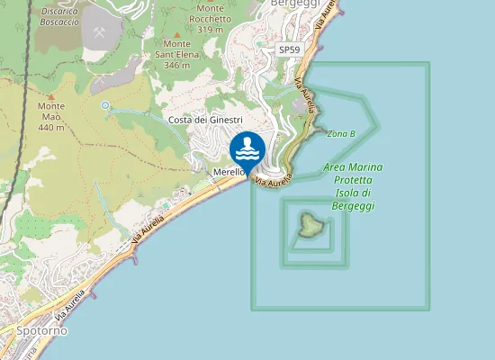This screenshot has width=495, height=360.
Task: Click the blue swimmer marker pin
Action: pyautogui.click(x=247, y=148)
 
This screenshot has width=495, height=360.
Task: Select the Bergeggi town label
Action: pyautogui.click(x=294, y=4)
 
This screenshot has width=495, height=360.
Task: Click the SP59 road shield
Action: pyautogui.click(x=289, y=50)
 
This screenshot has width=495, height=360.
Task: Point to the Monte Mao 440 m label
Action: pyautogui.click(x=50, y=116)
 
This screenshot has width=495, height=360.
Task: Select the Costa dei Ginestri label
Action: pyautogui.click(x=205, y=120)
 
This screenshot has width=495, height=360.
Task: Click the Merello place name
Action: pyautogui.click(x=229, y=173)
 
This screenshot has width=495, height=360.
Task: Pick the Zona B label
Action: pyautogui.click(x=341, y=133)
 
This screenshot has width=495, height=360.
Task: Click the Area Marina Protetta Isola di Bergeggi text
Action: pyautogui.click(x=353, y=186)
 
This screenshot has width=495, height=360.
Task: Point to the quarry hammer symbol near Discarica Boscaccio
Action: pyautogui.click(x=99, y=32)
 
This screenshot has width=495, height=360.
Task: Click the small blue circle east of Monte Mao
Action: pyautogui.click(x=105, y=106)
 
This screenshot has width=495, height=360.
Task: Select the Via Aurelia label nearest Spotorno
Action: pyautogui.click(x=71, y=305)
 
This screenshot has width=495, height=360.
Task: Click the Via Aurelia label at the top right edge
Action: pyautogui.click(x=328, y=18)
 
